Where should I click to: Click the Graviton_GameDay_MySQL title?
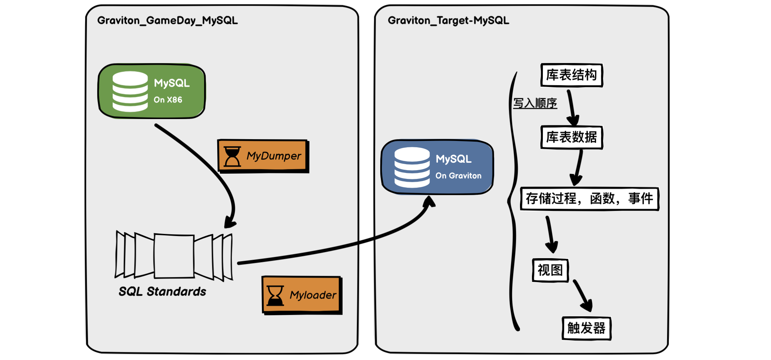click(168, 20)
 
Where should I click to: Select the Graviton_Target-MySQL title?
click(448, 20)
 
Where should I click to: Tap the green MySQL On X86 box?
click(152, 91)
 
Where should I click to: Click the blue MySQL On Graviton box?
click(437, 167)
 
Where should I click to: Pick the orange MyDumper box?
click(263, 156)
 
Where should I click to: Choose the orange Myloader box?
click(302, 295)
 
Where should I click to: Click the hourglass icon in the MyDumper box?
click(232, 156)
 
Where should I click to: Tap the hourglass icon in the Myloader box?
click(275, 296)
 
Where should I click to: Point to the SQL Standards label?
click(162, 292)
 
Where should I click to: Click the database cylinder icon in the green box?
click(130, 92)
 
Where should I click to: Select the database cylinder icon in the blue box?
click(412, 167)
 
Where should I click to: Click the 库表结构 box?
click(571, 75)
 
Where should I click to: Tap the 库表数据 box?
click(571, 137)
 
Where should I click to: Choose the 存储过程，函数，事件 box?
click(589, 199)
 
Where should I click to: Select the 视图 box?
click(550, 270)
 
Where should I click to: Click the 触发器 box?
click(586, 328)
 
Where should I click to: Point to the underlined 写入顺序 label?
click(535, 103)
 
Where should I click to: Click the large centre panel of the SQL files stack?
click(174, 256)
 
